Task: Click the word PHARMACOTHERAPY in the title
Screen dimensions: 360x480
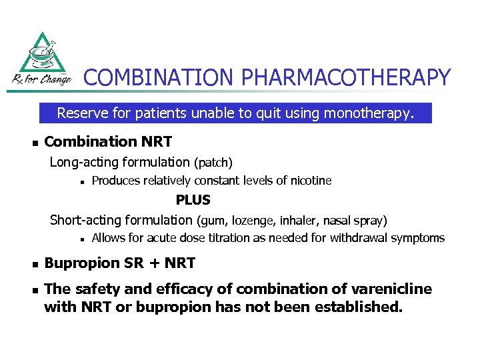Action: pos(346,78)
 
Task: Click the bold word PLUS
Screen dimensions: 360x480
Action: pos(193,200)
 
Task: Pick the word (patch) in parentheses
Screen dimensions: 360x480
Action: pos(213,162)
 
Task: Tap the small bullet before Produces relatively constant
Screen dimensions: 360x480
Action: pos(79,181)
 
